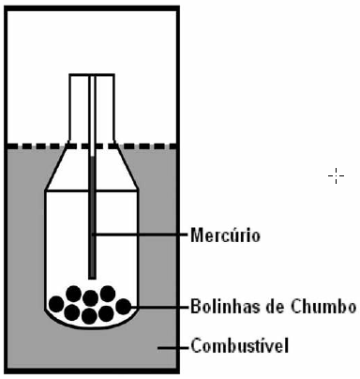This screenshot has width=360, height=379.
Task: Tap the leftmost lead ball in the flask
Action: pyautogui.click(x=58, y=304)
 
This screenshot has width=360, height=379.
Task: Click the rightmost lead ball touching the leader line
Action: pyautogui.click(x=124, y=305)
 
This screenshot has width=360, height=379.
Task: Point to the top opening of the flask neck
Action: pyautogui.click(x=92, y=75)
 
